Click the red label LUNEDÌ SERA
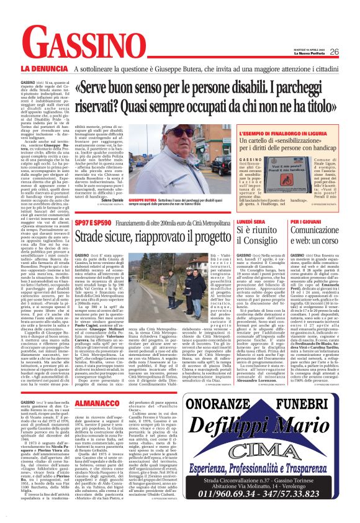(x=252, y=221)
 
